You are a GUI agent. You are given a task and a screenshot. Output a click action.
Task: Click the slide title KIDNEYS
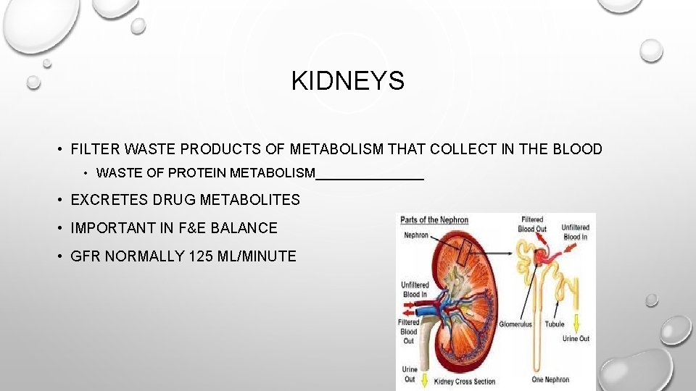(x=347, y=81)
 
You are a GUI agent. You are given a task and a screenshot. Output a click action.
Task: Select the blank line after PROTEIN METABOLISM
(x=370, y=175)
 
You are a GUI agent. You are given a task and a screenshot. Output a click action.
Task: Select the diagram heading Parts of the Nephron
(x=434, y=220)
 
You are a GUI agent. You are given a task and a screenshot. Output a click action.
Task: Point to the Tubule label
(x=555, y=324)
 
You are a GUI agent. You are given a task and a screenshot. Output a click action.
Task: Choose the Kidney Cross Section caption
(x=465, y=382)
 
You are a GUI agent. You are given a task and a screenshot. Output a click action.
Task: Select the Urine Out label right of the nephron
(x=576, y=339)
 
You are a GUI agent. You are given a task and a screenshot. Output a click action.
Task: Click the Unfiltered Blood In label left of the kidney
(x=415, y=290)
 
